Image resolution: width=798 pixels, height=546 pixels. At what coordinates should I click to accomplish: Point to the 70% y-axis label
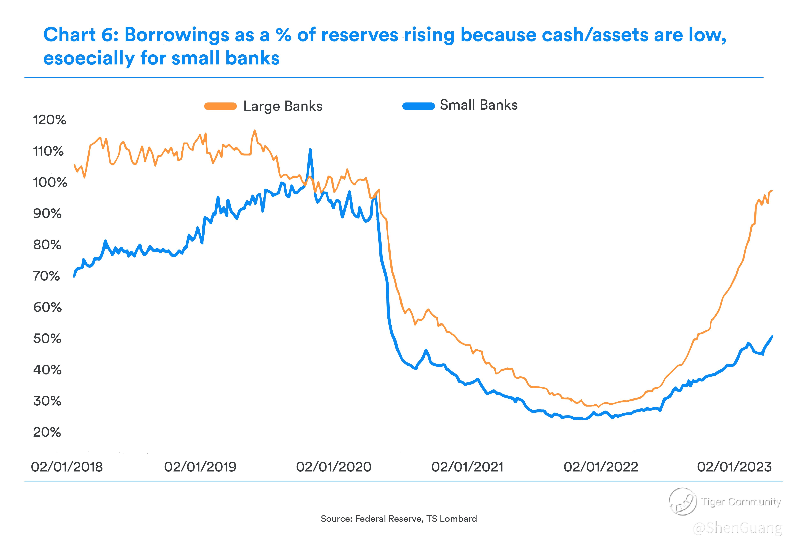(x=47, y=276)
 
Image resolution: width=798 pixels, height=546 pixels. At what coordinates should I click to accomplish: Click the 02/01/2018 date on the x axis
(x=67, y=467)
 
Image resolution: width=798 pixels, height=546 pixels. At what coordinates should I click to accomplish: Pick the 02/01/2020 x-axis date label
(x=334, y=467)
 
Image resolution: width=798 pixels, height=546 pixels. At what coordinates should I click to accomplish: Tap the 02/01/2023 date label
(x=734, y=467)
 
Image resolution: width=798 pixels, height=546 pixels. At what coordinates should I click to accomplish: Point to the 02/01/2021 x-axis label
(x=467, y=467)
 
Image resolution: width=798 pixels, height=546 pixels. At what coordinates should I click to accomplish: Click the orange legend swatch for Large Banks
(x=221, y=106)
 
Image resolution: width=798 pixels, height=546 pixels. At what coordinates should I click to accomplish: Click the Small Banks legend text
(x=479, y=105)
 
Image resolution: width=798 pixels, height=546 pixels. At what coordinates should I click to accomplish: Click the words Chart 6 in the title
(x=81, y=35)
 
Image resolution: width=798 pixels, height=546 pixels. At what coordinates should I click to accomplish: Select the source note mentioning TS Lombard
(x=399, y=519)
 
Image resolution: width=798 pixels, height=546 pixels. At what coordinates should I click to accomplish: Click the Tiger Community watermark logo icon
(x=683, y=502)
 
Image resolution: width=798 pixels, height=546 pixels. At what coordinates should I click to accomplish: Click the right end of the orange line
(x=772, y=191)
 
